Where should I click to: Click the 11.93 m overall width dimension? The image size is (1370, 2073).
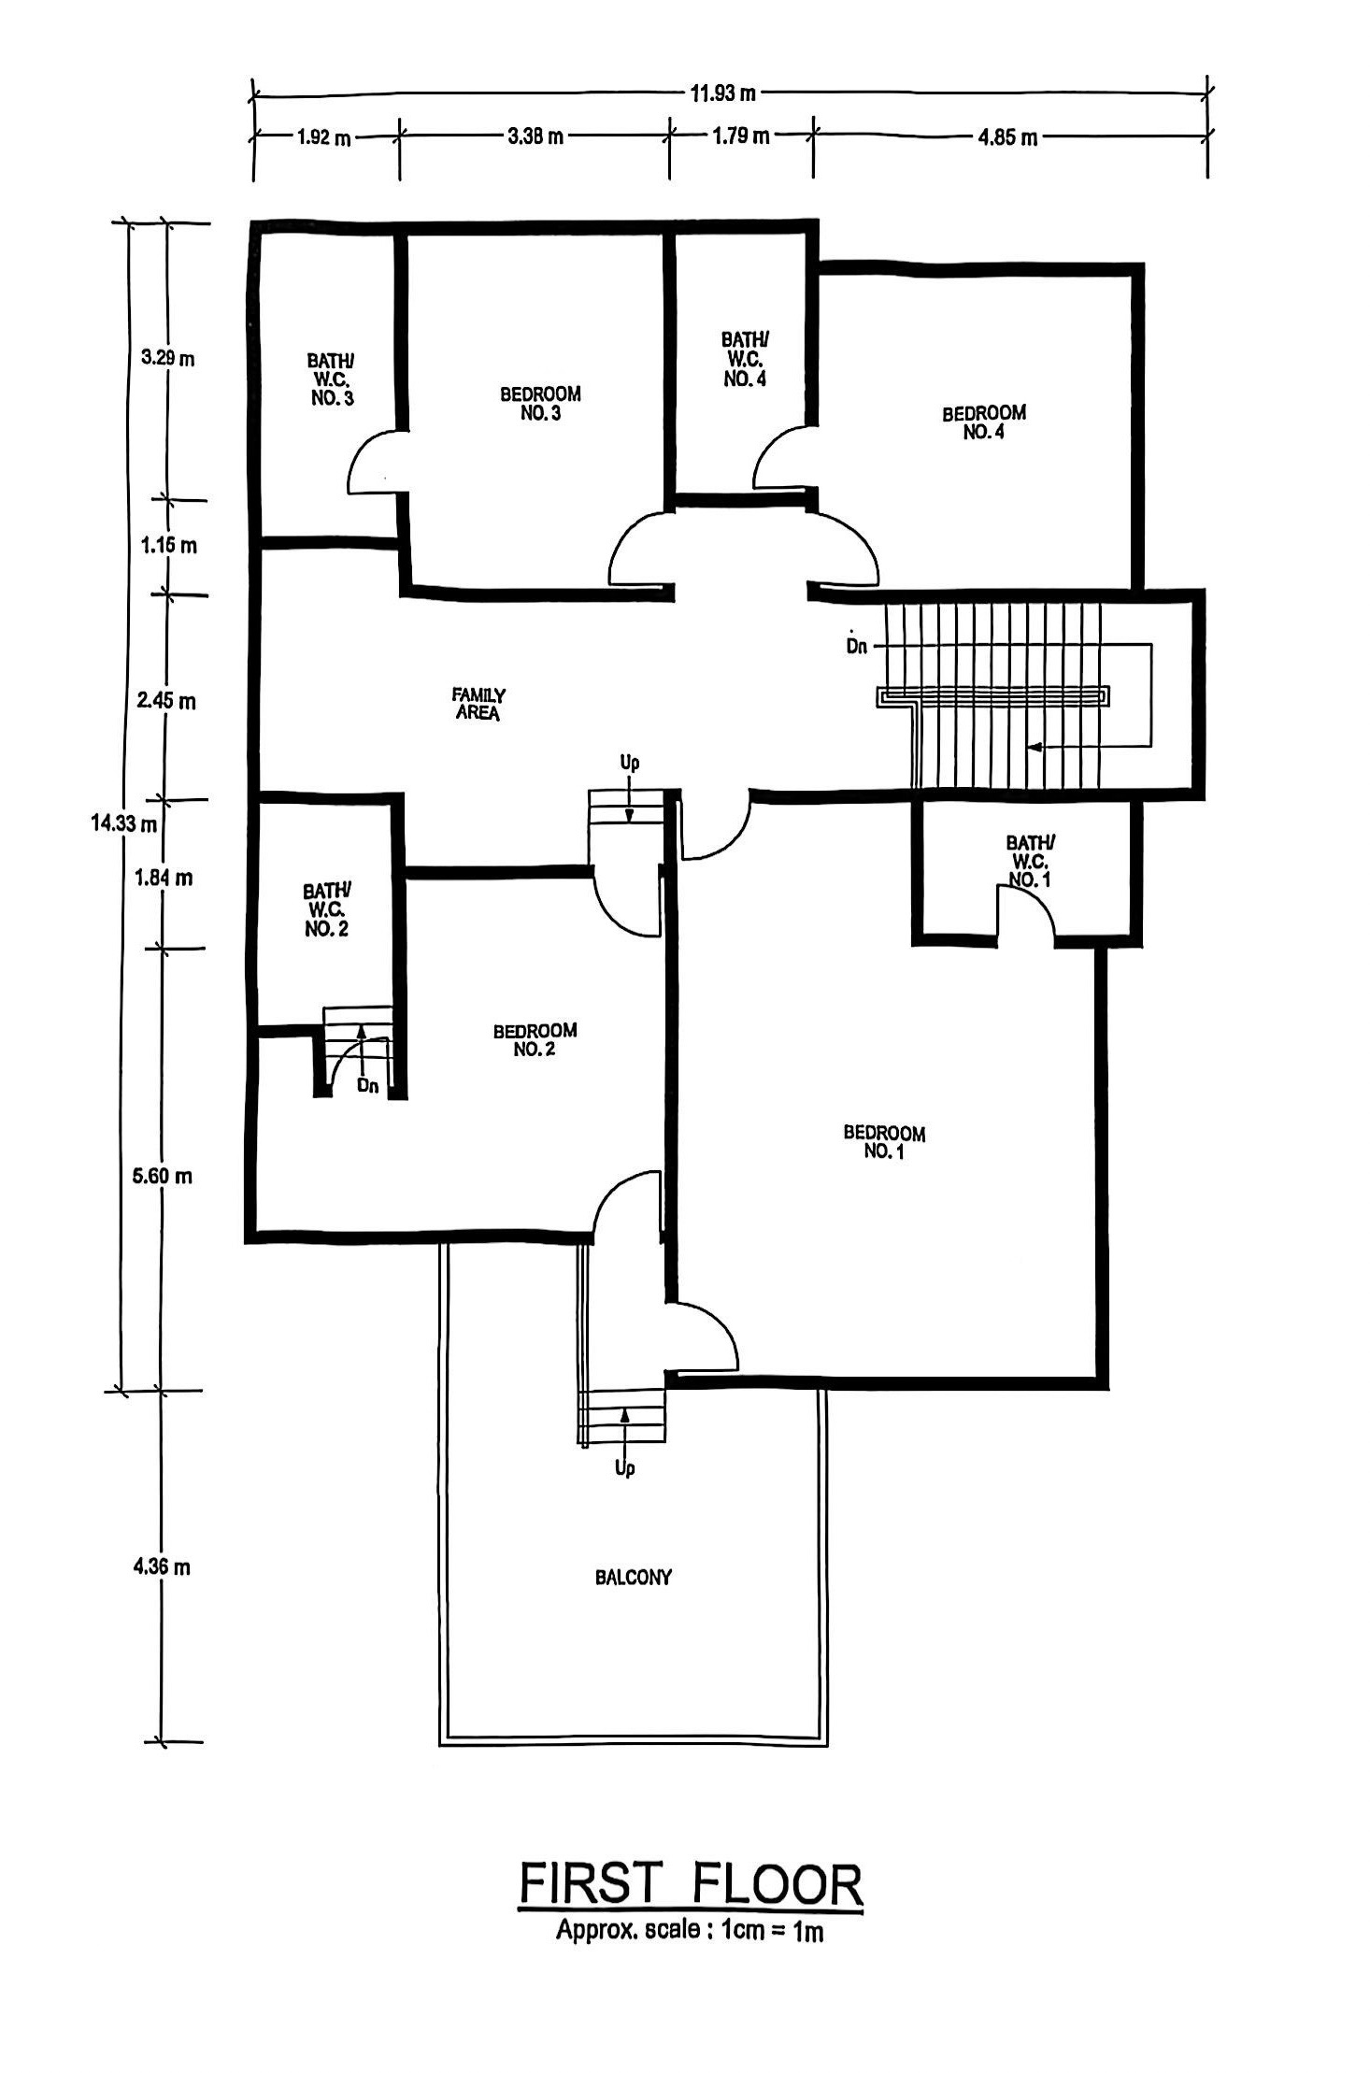[723, 93]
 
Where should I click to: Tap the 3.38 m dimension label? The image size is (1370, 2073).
[535, 136]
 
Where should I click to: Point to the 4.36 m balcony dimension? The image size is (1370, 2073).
[162, 1566]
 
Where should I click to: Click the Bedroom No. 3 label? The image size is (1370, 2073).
[540, 404]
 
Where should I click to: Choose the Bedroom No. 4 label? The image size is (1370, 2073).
[983, 422]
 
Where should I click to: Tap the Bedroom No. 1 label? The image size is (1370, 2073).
[884, 1142]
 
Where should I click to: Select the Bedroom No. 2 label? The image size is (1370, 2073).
[535, 1039]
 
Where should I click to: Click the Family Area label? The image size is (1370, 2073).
[478, 704]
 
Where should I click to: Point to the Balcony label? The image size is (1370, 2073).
[634, 1578]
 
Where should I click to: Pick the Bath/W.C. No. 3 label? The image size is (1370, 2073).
[332, 379]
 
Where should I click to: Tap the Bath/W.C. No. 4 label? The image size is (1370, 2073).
[745, 359]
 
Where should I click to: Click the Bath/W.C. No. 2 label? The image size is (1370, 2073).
[327, 909]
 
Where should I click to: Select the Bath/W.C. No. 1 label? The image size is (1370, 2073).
[1030, 861]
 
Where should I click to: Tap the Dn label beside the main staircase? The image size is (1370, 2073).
[856, 645]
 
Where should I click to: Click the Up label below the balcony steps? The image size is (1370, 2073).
[625, 1468]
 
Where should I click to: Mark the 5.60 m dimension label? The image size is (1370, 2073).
[162, 1176]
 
